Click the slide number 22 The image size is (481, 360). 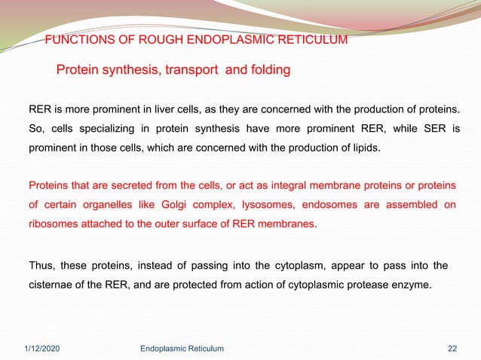[x=452, y=347]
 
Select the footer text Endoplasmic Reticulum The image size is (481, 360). [x=182, y=347]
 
